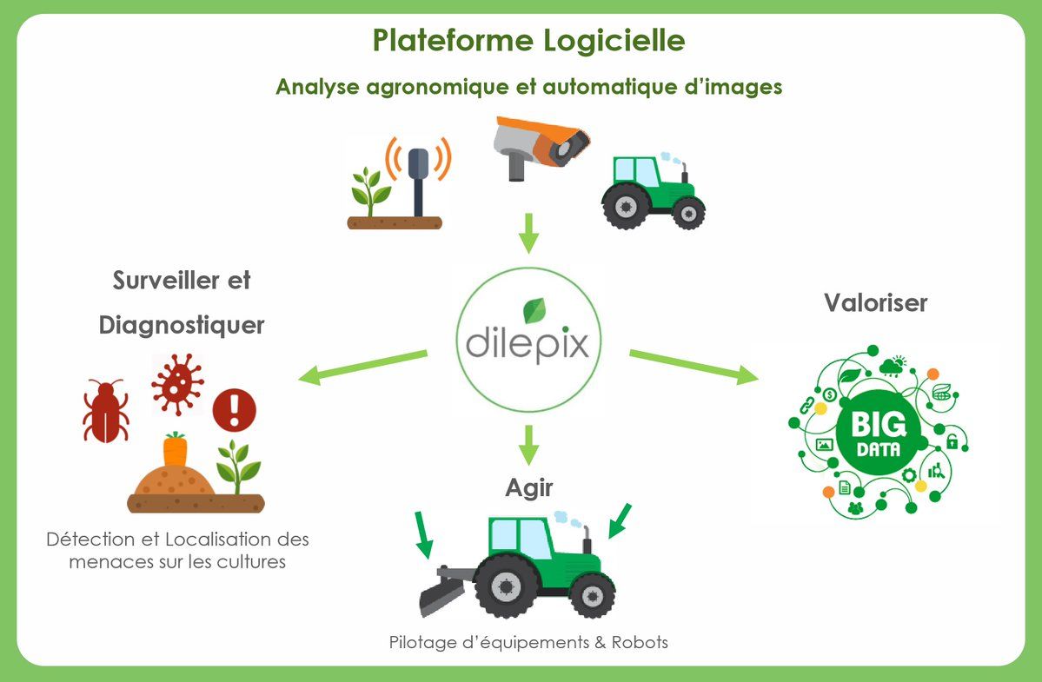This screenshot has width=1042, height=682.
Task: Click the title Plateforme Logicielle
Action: click(528, 41)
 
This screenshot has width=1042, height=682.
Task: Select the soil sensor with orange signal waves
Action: click(418, 177)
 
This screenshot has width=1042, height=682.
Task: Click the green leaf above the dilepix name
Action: click(528, 310)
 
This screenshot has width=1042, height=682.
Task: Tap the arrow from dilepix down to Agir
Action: click(528, 443)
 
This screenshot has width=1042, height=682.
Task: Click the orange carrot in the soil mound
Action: click(176, 450)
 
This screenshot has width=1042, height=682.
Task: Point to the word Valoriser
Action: click(875, 303)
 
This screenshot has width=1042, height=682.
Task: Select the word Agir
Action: click(528, 488)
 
